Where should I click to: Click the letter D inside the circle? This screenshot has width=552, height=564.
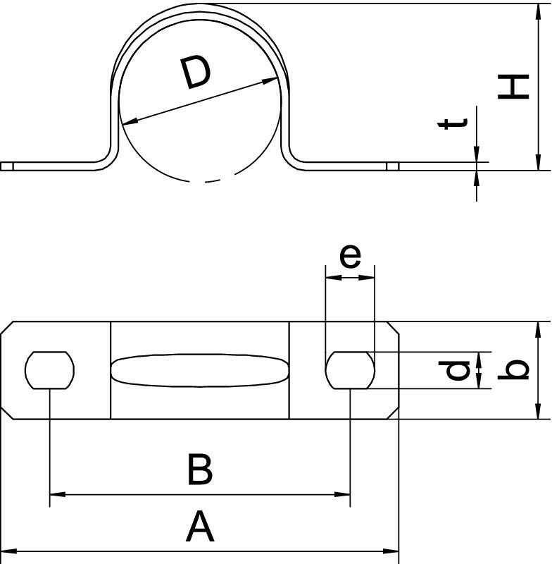195,74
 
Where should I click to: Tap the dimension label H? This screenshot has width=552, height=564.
513,86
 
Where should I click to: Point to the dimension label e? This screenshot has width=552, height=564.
350,256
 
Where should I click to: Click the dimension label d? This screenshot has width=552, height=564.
454,370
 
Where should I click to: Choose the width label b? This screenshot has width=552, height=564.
513,369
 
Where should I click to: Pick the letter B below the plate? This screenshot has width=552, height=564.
200,470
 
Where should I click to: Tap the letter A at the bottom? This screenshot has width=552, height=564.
200,527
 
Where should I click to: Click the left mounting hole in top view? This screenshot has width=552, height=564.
49,370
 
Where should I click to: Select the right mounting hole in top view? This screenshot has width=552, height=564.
350,370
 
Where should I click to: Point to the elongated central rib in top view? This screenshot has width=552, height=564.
200,371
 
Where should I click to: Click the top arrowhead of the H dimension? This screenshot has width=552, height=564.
538,11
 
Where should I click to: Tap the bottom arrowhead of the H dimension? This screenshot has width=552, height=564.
538,162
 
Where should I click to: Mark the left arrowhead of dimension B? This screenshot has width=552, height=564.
58,495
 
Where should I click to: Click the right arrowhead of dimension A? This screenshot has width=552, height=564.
391,551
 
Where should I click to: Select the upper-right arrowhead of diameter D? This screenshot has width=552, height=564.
270,80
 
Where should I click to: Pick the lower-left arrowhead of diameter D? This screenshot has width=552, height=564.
130,121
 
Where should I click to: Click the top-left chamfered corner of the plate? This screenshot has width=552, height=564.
7,328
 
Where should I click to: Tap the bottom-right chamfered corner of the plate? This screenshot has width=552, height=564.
393,413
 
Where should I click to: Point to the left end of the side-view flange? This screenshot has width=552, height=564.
1,166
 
